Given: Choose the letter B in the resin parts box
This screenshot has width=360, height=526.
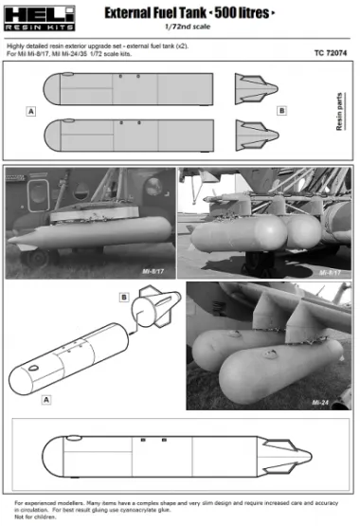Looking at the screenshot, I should (x=281, y=111).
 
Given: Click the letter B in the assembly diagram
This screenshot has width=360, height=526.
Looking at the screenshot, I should (x=123, y=297).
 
